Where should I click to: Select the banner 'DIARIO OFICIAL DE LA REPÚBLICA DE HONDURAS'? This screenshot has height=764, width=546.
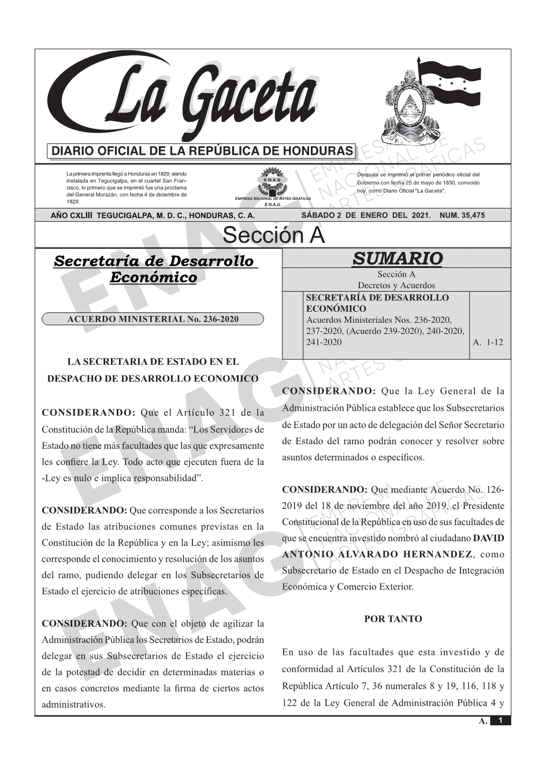pyautogui.click(x=202, y=151)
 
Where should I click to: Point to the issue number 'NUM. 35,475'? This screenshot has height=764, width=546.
pyautogui.click(x=462, y=215)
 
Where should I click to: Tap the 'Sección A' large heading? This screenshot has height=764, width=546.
pyautogui.click(x=273, y=236)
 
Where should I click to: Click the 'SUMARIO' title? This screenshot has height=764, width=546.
pyautogui.click(x=397, y=258)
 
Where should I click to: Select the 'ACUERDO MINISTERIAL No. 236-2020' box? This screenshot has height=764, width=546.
pyautogui.click(x=153, y=319)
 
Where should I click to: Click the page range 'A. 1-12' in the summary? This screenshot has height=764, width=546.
pyautogui.click(x=488, y=342)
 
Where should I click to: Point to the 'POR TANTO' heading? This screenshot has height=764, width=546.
pyautogui.click(x=393, y=619)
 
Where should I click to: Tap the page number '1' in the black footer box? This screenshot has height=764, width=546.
pyautogui.click(x=501, y=721)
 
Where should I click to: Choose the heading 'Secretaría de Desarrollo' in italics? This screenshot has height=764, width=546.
pyautogui.click(x=154, y=261)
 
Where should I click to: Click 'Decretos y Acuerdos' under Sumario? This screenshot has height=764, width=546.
pyautogui.click(x=396, y=285)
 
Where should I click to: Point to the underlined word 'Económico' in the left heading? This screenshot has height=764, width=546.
pyautogui.click(x=153, y=278)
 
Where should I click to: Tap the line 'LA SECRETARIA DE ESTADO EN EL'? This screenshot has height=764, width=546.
pyautogui.click(x=153, y=362)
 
